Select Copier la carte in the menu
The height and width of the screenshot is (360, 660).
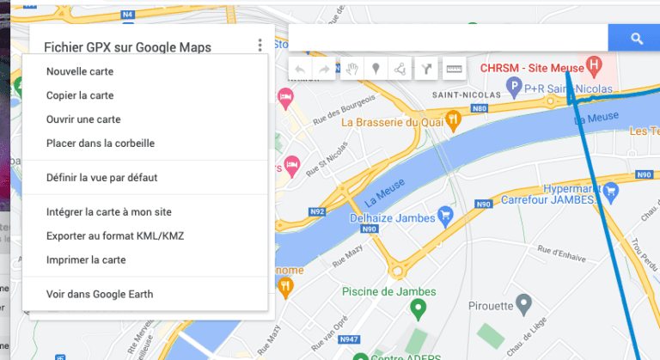80,95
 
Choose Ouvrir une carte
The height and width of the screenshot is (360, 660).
83,119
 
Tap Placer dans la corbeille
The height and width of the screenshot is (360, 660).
101,143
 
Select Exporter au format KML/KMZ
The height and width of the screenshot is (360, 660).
115,235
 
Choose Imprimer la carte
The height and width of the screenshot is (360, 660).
86,259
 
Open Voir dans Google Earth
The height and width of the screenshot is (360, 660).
100,294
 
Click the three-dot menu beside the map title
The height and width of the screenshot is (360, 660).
260,46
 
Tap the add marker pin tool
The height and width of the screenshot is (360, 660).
376,70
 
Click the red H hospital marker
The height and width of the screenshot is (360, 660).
593,66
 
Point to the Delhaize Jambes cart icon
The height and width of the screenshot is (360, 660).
445,213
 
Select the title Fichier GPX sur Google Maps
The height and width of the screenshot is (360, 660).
127,48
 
